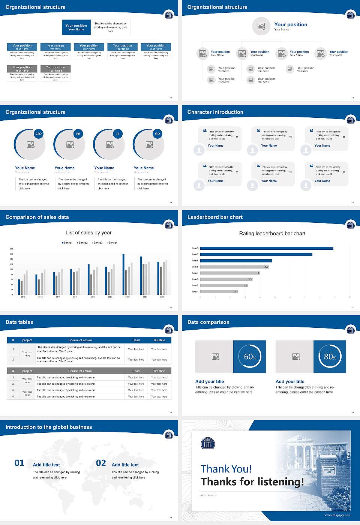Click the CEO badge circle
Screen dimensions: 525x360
pos(39,134)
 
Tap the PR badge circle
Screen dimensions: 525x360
pos(78,134)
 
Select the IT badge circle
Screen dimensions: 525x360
pos(118,134)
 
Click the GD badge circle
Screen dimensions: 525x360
pos(157,134)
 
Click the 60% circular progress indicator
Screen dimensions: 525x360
pos(250,357)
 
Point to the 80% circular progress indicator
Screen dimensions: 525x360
pos(330,357)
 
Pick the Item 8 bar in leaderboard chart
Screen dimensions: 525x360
pos(267,248)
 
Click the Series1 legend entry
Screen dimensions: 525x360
pos(67,243)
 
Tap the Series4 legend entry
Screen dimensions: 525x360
pos(112,243)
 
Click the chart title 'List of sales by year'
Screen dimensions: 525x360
pos(88,232)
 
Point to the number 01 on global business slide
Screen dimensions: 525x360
pos(19,463)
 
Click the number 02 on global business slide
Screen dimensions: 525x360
pos(101,463)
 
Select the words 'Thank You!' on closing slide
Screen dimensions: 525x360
pos(226,469)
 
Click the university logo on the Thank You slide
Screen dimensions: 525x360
pos(208,444)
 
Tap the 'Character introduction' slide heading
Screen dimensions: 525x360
pos(215,112)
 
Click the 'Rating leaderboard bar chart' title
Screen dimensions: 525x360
pos(272,233)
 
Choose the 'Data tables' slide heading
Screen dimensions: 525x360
pos(19,322)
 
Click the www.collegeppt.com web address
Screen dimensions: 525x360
pos(337,515)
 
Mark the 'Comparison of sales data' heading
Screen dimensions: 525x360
pos(37,217)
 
